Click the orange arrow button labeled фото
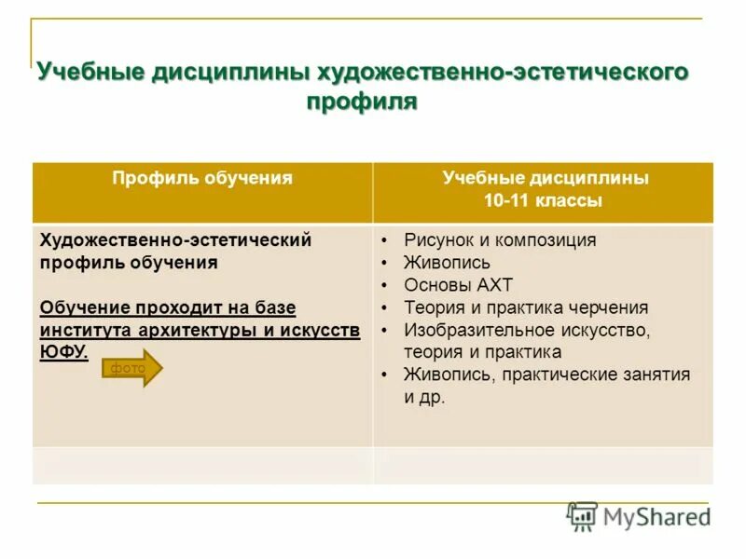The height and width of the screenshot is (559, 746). (x=131, y=369)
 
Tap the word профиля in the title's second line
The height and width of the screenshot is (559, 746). (x=362, y=102)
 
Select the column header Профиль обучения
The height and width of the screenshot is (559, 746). (x=202, y=178)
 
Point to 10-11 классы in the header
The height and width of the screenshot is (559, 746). (x=543, y=200)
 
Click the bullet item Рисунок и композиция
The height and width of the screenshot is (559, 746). (x=499, y=240)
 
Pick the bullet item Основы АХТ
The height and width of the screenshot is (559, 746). (x=458, y=285)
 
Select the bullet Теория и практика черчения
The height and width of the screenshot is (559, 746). (x=526, y=307)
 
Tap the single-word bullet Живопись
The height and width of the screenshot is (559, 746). (x=447, y=263)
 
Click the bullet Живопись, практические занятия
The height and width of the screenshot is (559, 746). (x=546, y=375)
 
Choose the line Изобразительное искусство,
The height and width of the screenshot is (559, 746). (x=527, y=330)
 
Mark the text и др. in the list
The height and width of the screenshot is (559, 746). (x=424, y=397)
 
